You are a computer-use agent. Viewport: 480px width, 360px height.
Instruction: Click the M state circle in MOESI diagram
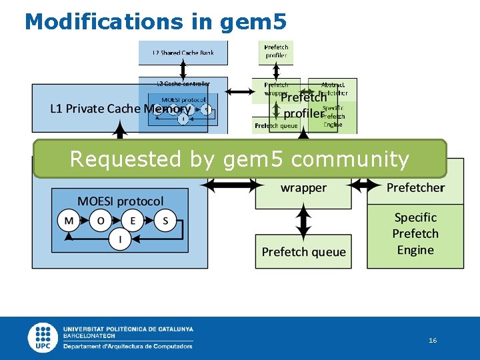point(69,221)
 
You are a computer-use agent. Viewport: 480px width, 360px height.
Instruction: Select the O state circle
point(101,221)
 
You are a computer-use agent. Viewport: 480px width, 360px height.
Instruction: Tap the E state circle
point(133,221)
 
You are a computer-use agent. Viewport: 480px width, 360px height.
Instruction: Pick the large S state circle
point(165,221)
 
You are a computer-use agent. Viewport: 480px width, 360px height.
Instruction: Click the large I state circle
point(120,239)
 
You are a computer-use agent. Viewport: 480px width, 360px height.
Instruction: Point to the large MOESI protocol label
point(120,201)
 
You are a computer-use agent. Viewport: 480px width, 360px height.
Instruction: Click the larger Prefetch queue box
point(303,251)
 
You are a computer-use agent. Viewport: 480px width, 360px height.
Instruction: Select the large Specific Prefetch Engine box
point(415,234)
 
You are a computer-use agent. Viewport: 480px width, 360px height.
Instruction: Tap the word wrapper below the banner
point(303,188)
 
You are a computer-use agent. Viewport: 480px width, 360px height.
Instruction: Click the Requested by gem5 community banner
point(239,159)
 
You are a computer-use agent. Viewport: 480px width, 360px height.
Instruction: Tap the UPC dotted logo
point(43,338)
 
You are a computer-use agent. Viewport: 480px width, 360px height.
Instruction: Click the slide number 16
point(433,341)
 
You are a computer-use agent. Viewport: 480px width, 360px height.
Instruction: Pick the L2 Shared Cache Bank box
point(183,53)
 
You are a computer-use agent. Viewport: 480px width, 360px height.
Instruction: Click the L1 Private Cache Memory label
point(120,109)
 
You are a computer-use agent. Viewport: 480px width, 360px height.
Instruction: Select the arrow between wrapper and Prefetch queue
point(303,221)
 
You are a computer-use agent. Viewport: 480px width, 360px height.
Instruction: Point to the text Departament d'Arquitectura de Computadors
point(128,346)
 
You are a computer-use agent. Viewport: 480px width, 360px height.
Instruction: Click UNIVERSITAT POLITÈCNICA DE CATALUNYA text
point(128,329)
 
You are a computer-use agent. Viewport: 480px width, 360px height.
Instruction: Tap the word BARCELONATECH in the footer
point(88,337)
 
